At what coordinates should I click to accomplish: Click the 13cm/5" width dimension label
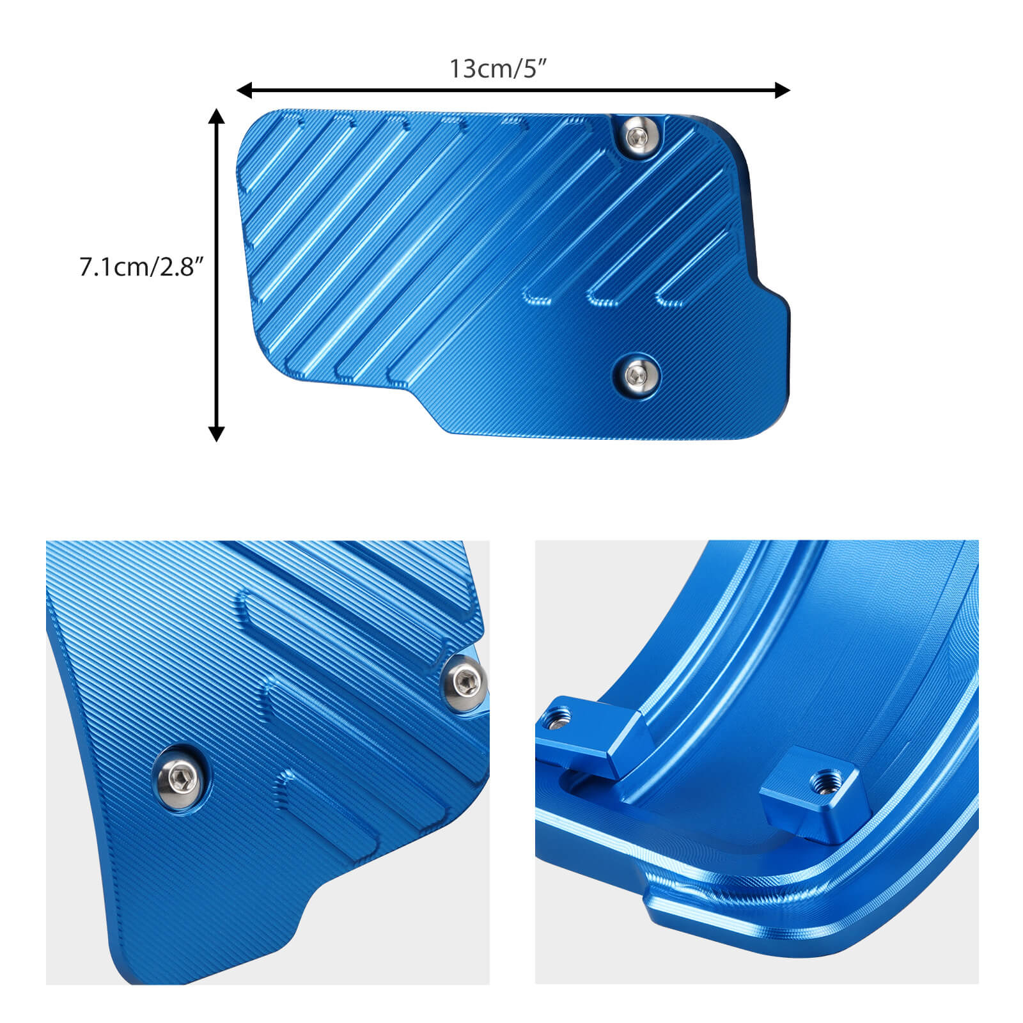(x=499, y=68)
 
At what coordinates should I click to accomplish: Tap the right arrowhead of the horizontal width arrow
(x=782, y=90)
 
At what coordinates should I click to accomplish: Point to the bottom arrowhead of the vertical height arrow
(x=217, y=433)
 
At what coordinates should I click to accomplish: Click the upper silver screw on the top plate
(x=637, y=136)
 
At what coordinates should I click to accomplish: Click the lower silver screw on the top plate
(x=636, y=373)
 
